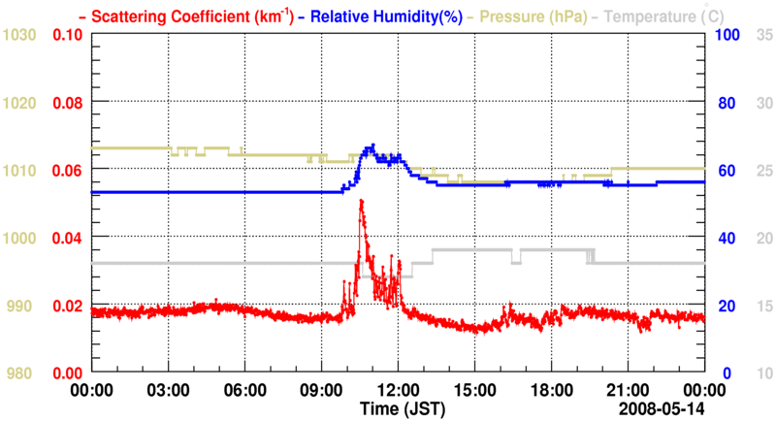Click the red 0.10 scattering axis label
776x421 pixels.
click(x=67, y=35)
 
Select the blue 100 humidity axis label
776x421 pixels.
click(x=729, y=35)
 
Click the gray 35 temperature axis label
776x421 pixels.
click(x=763, y=35)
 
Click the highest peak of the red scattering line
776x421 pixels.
click(x=361, y=200)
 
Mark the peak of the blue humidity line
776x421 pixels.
click(x=372, y=146)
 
